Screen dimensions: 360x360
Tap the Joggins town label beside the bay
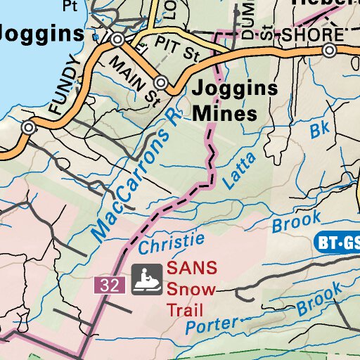pyautogui.click(x=41, y=32)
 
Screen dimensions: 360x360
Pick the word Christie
pyautogui.click(x=172, y=243)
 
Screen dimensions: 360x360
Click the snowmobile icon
pyautogui.click(x=147, y=280)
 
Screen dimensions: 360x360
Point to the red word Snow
pyautogui.click(x=191, y=289)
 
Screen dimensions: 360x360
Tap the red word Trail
pyautogui.click(x=184, y=309)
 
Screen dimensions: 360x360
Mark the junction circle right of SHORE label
pyautogui.click(x=329, y=50)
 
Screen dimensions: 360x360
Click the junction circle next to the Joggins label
pyautogui.click(x=117, y=39)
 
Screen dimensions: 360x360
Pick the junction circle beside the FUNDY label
pyautogui.click(x=28, y=128)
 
